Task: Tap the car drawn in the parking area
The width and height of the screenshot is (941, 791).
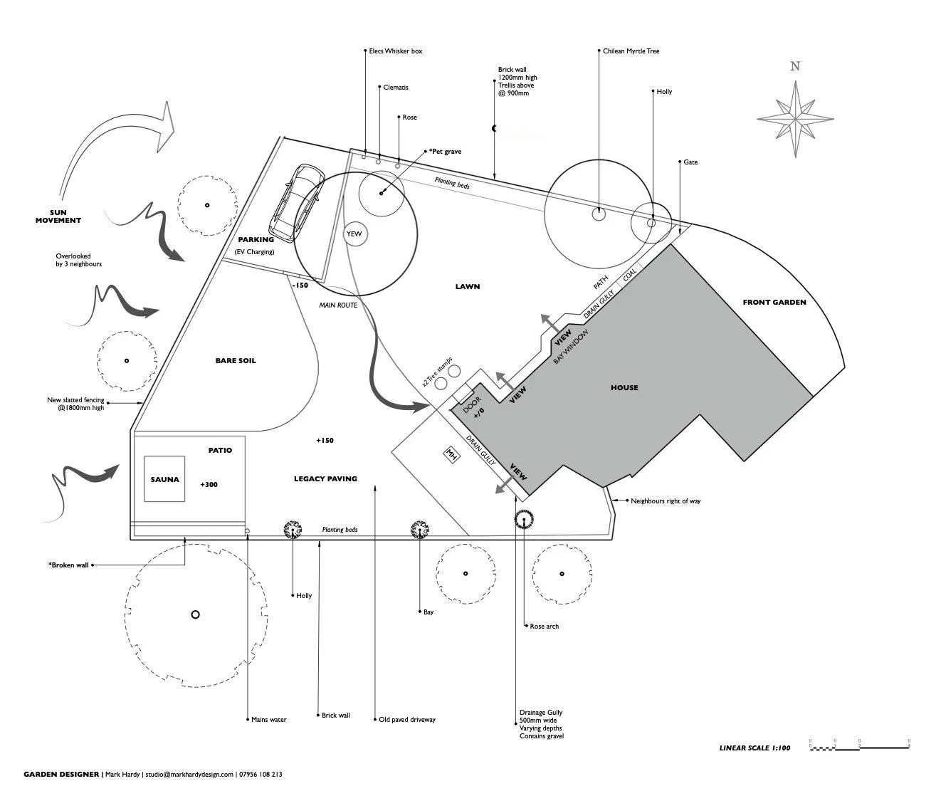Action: coord(295,202)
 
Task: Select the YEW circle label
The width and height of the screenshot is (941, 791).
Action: coord(354,234)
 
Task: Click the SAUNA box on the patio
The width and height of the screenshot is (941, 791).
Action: coord(164,479)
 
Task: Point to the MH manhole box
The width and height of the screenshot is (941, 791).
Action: coord(451,454)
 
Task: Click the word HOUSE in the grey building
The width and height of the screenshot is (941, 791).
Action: coord(624,388)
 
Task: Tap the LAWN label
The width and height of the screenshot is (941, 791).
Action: coord(468,287)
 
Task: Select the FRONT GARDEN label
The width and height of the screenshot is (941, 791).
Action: coord(774,303)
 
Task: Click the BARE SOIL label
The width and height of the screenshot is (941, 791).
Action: coord(236,361)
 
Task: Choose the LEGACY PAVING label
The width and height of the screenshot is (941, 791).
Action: coord(325,479)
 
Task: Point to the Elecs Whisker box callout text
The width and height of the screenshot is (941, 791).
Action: coord(395,51)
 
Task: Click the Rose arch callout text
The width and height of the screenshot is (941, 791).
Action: coord(545,627)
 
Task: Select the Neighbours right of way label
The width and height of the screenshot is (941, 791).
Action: coord(666,501)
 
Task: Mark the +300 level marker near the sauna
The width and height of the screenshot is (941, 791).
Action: coord(209,485)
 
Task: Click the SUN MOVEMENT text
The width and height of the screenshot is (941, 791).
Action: coord(58,216)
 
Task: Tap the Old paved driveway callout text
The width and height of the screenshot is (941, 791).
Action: coord(407,720)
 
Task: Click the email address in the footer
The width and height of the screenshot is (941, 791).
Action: coord(189,775)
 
